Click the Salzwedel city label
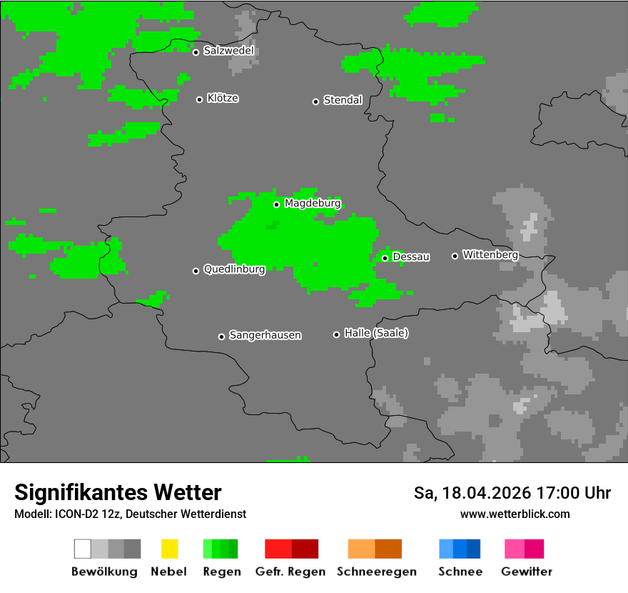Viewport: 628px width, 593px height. pos(228,51)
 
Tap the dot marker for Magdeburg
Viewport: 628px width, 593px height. pos(276,204)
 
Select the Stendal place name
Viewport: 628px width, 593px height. pos(343,100)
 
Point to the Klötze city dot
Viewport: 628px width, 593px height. pos(199,99)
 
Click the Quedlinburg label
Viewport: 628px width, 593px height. pos(234,269)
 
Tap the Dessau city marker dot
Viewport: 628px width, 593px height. pos(385,258)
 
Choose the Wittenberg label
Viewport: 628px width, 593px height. pos(490,254)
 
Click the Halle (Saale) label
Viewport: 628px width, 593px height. pos(376,333)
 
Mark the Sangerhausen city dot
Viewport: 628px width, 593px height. pos(221,337)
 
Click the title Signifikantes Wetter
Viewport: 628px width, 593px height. pos(118,492)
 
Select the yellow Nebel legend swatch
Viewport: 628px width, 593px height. pos(169,549)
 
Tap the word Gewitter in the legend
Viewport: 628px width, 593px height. pos(527,572)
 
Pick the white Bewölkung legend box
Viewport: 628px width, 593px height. pos(83,549)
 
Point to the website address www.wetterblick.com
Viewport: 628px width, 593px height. pos(515,514)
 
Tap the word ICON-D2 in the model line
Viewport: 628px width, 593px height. pos(74,514)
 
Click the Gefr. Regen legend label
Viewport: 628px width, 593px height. pos(290,572)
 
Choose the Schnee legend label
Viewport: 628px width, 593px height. pos(460,572)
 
